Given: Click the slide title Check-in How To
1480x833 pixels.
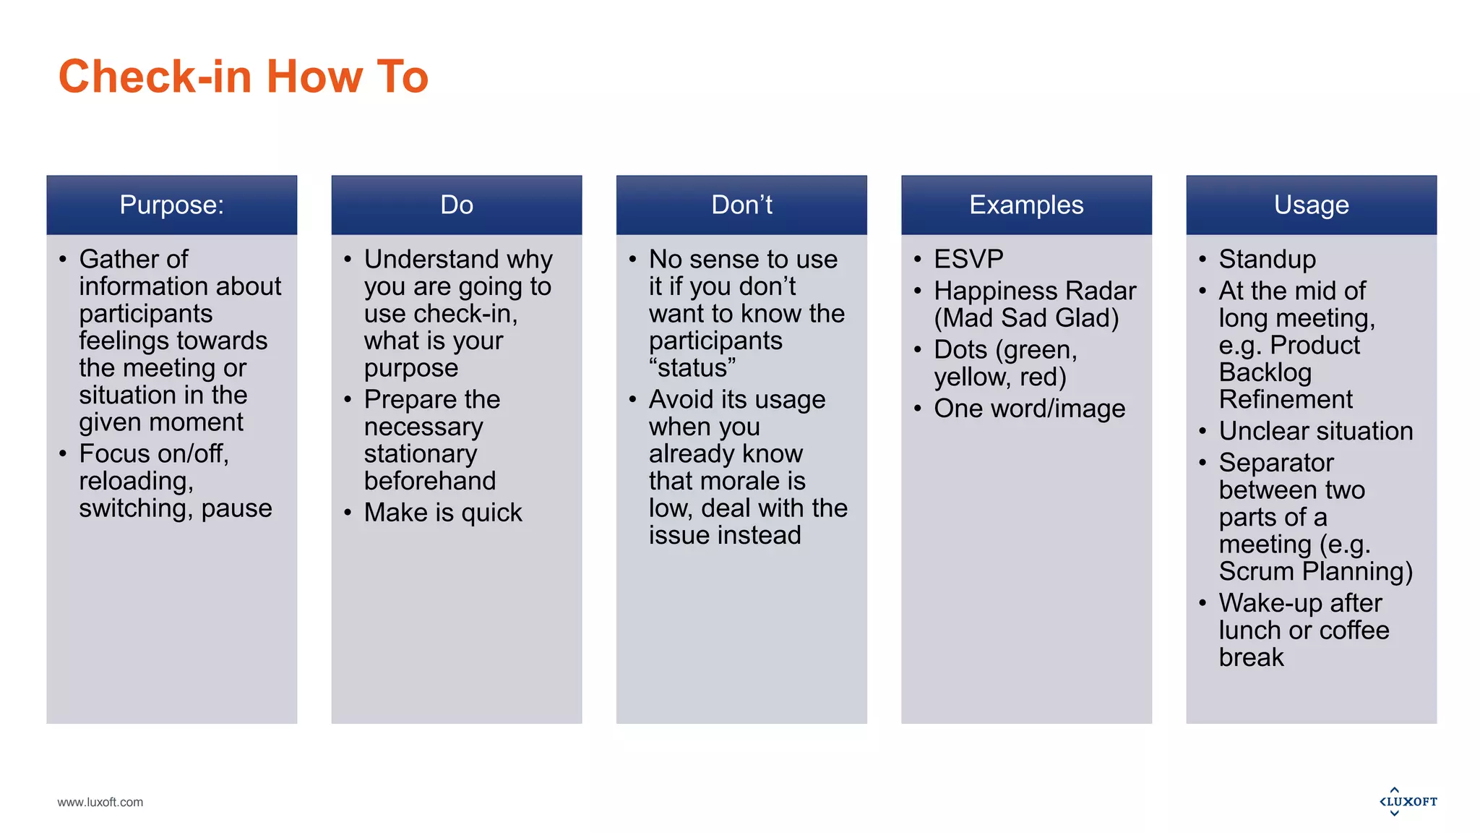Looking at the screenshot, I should tap(243, 77).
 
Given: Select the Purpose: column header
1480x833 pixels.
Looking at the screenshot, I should tap(171, 205).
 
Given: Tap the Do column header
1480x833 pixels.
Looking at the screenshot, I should tap(456, 205).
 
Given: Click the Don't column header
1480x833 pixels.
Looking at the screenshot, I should tap(741, 205).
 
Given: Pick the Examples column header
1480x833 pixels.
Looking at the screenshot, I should tap(1026, 205).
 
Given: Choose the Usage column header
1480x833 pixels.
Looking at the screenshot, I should tap(1311, 205).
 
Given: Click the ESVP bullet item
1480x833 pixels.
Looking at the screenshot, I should tap(968, 259).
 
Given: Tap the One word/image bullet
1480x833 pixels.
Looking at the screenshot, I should tap(1029, 409).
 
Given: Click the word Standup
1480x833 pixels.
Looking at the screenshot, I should tap(1267, 259).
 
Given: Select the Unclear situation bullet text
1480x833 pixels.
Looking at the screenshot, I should tap(1315, 431).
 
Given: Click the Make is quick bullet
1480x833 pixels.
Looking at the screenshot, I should tap(442, 513).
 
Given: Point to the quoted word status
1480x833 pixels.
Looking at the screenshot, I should tap(692, 368).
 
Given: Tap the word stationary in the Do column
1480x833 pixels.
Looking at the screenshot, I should tap(421, 454).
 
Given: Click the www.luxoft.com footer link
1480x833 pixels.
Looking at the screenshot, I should tap(100, 802).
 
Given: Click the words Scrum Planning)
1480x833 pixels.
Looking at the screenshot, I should tap(1315, 572).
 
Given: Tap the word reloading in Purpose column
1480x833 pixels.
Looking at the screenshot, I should tap(136, 482).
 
